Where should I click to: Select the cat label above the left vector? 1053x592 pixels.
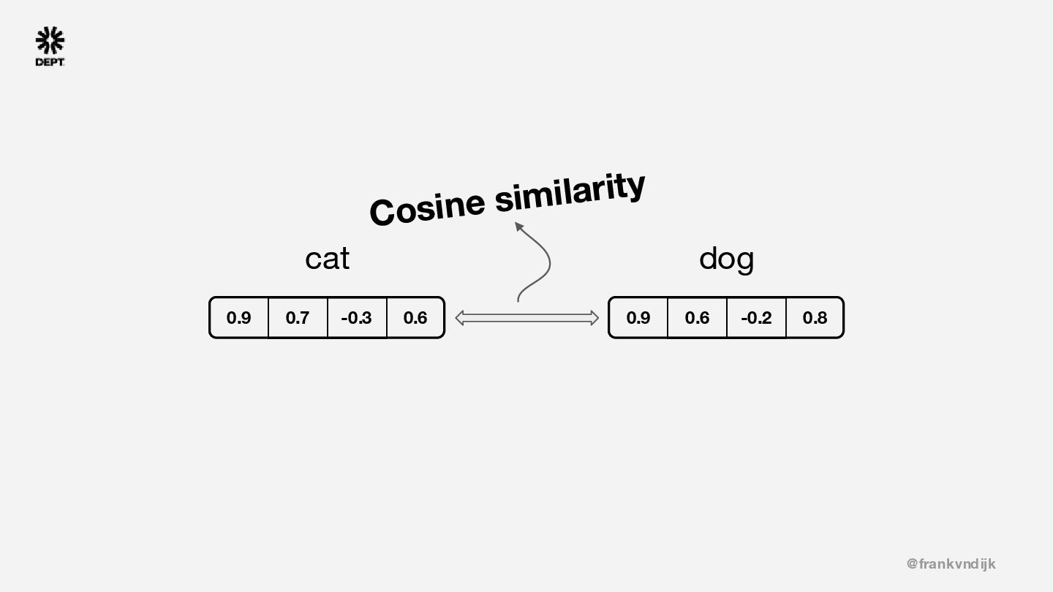[327, 258]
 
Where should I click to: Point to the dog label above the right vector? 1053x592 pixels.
[726, 258]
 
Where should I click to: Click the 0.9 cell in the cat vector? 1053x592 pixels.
[238, 318]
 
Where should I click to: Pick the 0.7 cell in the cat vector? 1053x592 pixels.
[298, 318]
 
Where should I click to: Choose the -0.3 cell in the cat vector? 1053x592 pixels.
[356, 318]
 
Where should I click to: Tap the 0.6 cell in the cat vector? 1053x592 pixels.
[415, 318]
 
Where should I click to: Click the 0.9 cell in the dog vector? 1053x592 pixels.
[638, 318]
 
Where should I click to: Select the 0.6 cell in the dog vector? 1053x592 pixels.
[697, 318]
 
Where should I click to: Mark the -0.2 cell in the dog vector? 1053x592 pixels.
[756, 318]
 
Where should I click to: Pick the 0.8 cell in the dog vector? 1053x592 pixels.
[815, 318]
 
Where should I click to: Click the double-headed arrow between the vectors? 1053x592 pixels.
[526, 318]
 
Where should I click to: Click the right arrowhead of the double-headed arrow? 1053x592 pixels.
[594, 318]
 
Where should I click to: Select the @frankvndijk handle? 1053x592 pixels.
[951, 563]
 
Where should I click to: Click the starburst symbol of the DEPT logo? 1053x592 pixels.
[50, 41]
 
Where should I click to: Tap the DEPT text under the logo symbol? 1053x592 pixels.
[50, 62]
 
